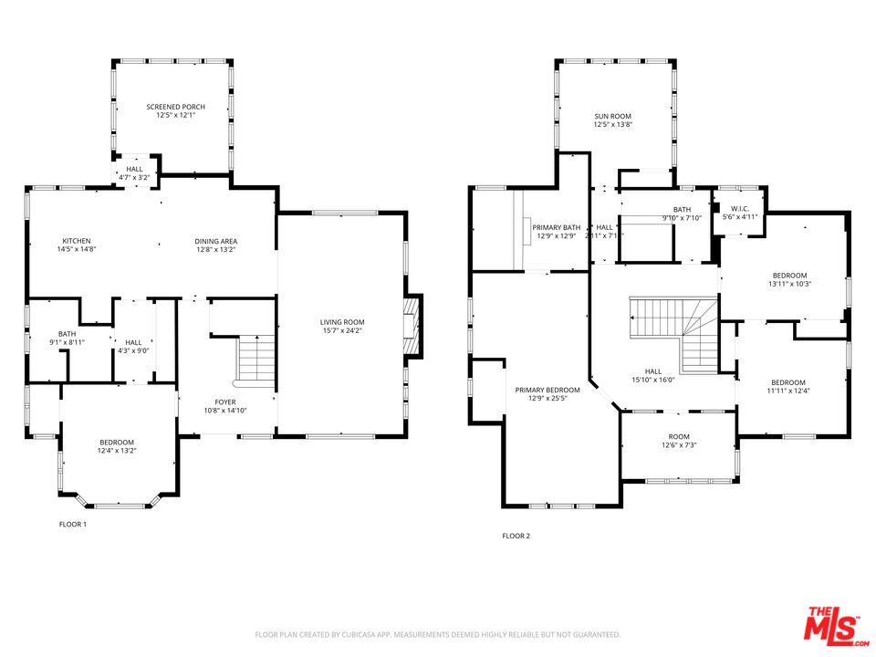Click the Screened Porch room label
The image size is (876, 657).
(x=175, y=107)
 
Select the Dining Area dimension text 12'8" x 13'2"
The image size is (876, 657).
(x=215, y=249)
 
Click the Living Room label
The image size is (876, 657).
(x=341, y=322)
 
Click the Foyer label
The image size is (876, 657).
(x=224, y=401)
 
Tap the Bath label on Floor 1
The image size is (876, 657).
(x=67, y=334)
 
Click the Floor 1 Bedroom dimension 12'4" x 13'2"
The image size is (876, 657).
(x=117, y=451)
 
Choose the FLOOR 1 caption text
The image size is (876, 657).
(x=72, y=525)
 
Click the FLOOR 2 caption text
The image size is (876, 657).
(x=516, y=537)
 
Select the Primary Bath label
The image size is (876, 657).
(x=557, y=227)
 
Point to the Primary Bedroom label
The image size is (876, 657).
(x=547, y=390)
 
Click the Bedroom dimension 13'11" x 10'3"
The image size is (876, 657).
(x=790, y=284)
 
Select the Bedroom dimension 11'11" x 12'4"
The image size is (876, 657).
(x=787, y=391)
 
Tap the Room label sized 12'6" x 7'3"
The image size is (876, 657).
(x=679, y=436)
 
